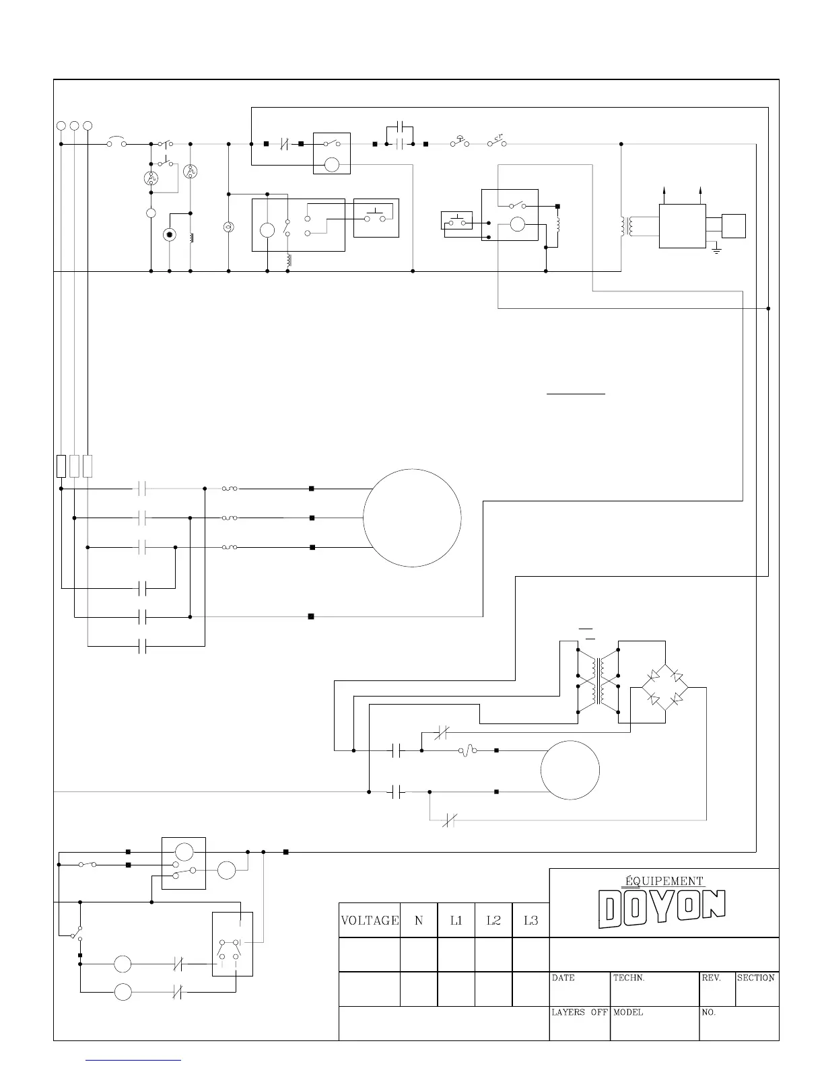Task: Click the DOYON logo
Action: [662, 909]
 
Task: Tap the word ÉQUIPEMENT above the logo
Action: [664, 881]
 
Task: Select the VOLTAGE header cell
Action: [370, 920]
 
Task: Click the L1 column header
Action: [456, 920]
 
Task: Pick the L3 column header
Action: [530, 920]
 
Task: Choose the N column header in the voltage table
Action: [419, 920]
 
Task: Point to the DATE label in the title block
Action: [563, 978]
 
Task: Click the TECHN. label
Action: [629, 978]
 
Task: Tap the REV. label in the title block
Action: [711, 978]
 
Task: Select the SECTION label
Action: [755, 978]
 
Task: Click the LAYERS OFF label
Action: [580, 1012]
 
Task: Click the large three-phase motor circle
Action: [412, 518]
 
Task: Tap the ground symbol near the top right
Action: [716, 250]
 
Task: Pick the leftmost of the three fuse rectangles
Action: [61, 466]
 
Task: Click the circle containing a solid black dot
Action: [170, 235]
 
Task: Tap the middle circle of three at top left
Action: [74, 126]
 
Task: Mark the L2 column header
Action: [493, 920]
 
